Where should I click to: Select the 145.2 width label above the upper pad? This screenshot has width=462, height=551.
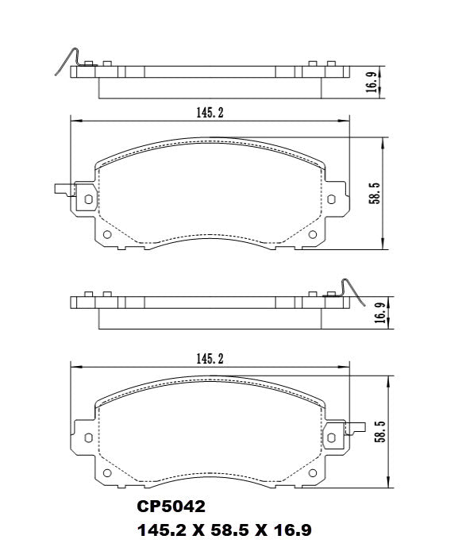point(210,113)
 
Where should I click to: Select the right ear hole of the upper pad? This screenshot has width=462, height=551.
point(333,198)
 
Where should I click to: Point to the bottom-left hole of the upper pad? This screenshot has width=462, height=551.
point(110,234)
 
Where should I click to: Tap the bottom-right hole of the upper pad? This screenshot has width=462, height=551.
point(310,234)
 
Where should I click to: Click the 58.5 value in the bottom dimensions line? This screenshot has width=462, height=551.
point(234,529)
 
